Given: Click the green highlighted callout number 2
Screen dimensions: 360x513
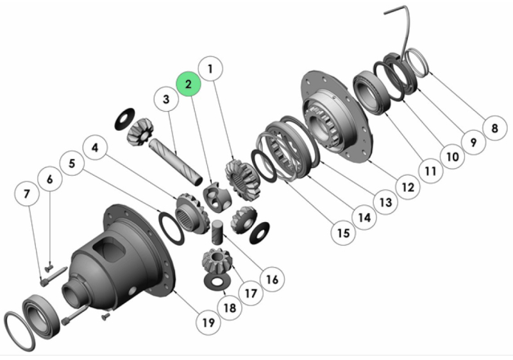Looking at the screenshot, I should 189,84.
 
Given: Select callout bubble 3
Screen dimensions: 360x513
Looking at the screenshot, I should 166,100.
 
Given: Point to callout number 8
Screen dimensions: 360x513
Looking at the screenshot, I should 494,128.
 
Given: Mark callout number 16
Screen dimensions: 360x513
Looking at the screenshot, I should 272,279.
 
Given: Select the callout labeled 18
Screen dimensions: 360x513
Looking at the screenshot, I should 230,307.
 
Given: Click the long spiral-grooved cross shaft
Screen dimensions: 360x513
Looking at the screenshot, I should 172,157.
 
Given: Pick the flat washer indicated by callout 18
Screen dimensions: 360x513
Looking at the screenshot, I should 216,280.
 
